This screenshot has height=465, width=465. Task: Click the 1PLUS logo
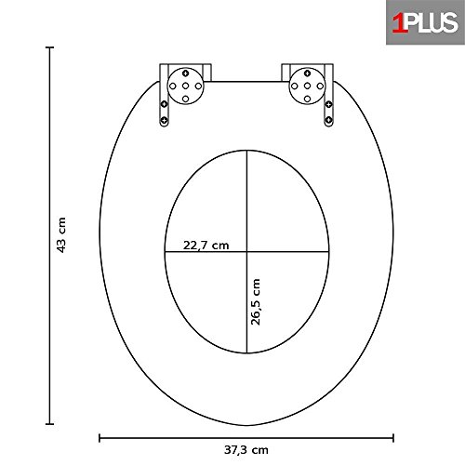(x=425, y=22)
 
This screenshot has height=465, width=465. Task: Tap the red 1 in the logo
(x=399, y=23)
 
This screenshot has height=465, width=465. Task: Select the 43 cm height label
(x=61, y=235)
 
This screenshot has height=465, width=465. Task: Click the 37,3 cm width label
(x=246, y=450)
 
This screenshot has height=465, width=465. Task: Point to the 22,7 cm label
(x=206, y=246)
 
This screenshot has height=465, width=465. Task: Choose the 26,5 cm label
(x=256, y=302)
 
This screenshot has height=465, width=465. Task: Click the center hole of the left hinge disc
(x=185, y=86)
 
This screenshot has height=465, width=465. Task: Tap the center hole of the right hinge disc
(x=307, y=86)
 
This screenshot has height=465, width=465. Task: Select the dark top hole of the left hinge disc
(x=185, y=73)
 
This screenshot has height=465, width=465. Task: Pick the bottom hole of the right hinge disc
(x=307, y=99)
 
